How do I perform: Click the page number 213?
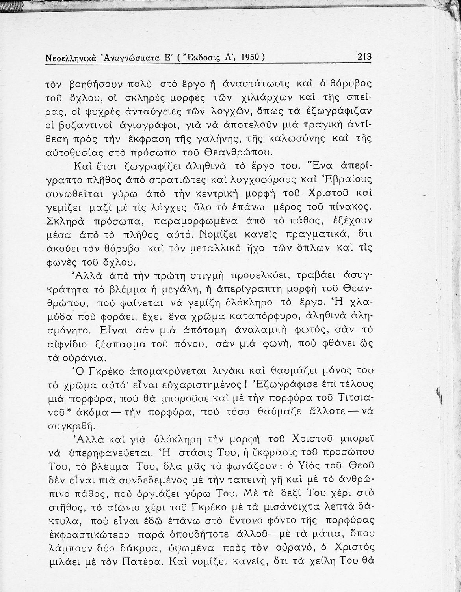click(x=364, y=57)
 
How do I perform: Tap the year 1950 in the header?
click(x=249, y=57)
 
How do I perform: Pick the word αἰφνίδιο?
click(x=69, y=345)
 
